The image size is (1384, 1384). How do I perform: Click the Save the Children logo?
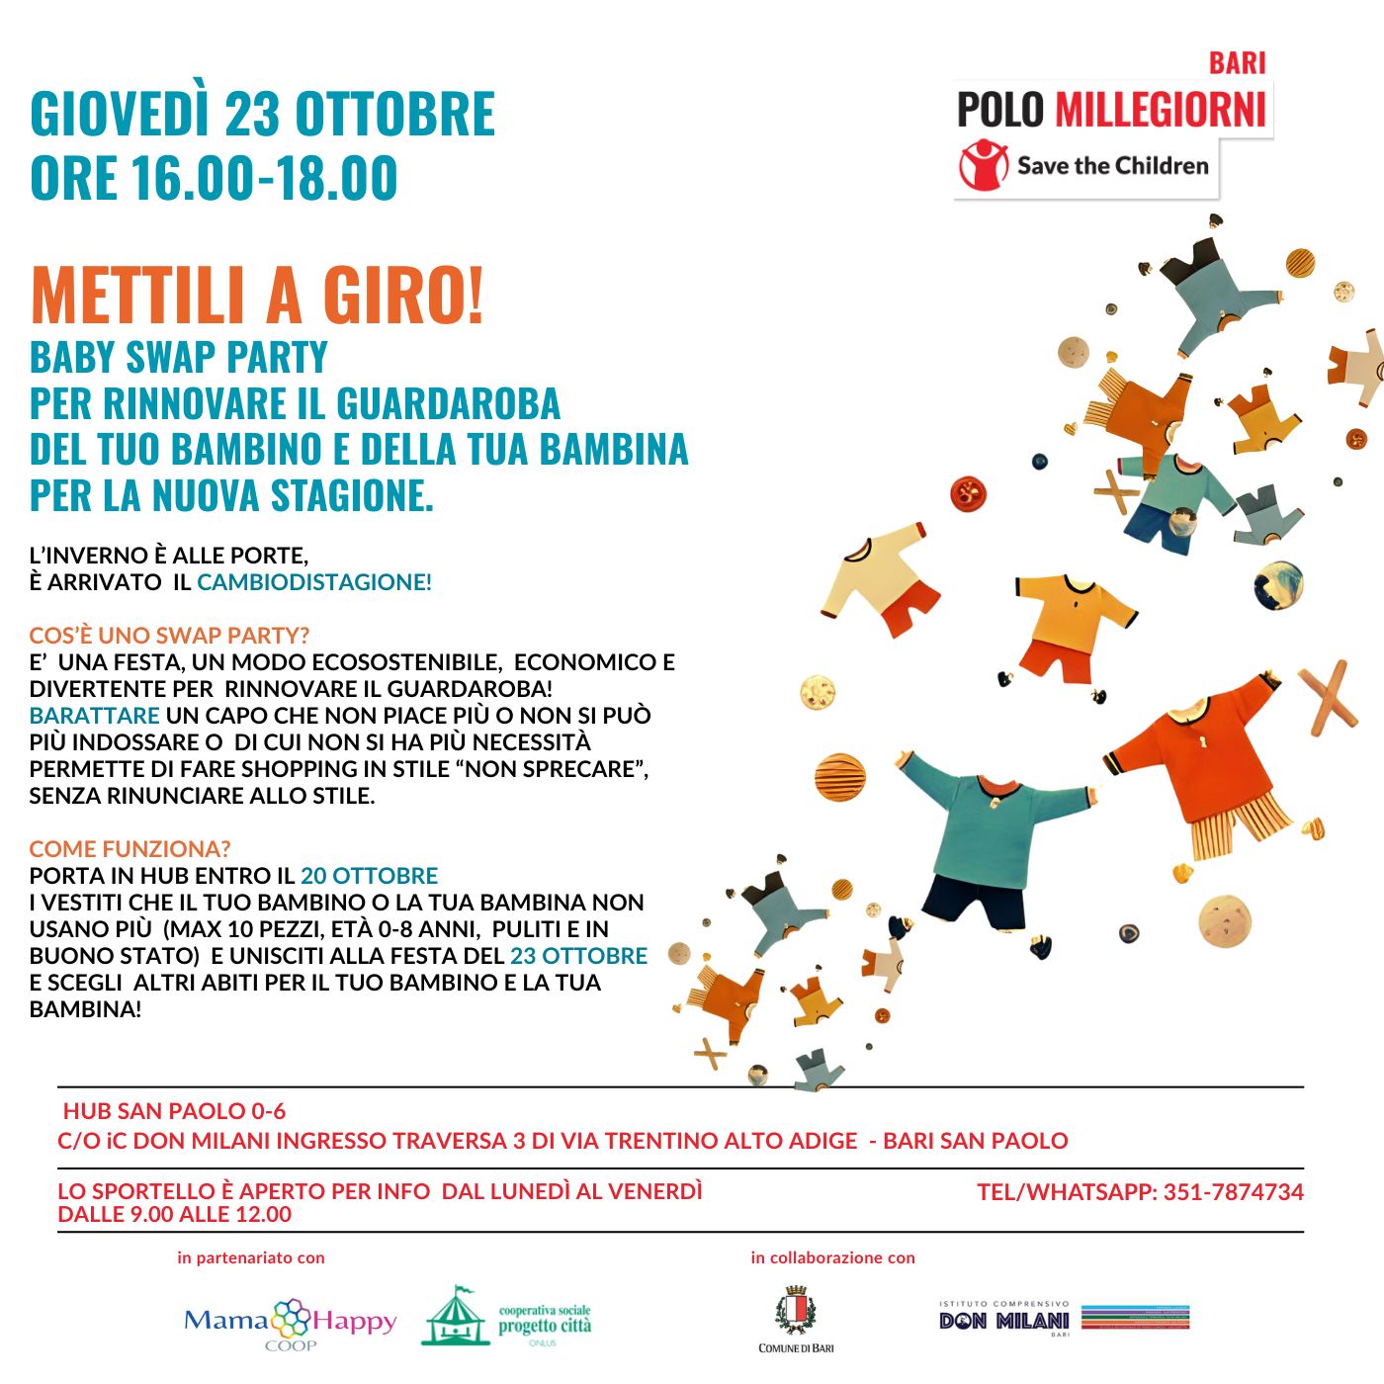[1084, 166]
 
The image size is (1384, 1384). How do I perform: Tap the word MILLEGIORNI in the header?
[1161, 110]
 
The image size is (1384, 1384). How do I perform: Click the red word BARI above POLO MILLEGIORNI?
[1237, 63]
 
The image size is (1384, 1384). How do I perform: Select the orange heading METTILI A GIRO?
[257, 296]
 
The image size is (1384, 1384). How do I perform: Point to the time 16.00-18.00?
[264, 178]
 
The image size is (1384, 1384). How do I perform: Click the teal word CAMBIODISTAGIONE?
[314, 582]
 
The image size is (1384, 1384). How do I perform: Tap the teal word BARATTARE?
[94, 716]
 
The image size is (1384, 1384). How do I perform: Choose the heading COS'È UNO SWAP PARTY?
[169, 636]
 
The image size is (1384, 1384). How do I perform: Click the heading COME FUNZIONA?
[130, 849]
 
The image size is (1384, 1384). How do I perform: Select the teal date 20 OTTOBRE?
[369, 876]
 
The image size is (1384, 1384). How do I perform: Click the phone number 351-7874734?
[1233, 1192]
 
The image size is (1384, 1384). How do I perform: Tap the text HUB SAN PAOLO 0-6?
[174, 1111]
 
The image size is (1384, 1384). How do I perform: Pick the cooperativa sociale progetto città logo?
[507, 1318]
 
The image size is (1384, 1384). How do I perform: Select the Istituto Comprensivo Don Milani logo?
[1064, 1319]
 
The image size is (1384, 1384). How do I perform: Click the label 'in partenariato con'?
[251, 1258]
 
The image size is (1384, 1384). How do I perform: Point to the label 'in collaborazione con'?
[832, 1258]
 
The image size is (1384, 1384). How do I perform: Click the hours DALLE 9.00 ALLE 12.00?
[175, 1215]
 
